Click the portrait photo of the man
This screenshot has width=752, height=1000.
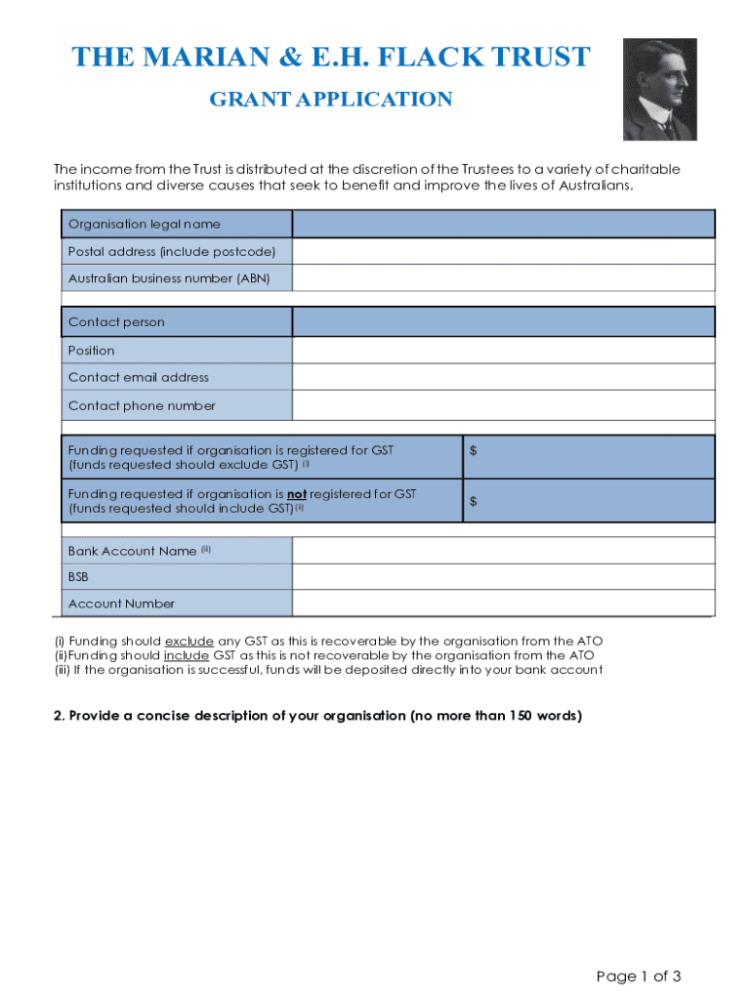coord(659,90)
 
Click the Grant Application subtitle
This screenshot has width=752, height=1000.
coord(331,100)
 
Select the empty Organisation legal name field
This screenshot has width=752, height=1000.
coord(503,224)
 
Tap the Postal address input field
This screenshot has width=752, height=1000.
coord(503,251)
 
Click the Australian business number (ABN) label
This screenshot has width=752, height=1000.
coord(168,278)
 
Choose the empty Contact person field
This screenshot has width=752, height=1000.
coord(503,322)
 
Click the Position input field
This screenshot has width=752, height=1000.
coord(503,351)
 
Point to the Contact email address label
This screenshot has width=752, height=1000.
coord(138,378)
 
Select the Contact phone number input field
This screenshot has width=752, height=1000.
coord(503,405)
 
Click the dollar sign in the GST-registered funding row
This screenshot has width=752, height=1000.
coord(474,450)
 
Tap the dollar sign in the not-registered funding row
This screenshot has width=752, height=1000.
coord(474,501)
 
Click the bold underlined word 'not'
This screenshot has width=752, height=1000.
coord(296,494)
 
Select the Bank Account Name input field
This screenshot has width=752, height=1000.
coord(503,551)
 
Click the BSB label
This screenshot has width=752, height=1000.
coord(78,577)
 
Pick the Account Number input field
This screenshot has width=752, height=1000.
coord(503,604)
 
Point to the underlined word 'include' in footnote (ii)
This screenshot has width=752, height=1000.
coord(186,655)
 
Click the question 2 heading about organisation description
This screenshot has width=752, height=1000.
coord(317,716)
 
